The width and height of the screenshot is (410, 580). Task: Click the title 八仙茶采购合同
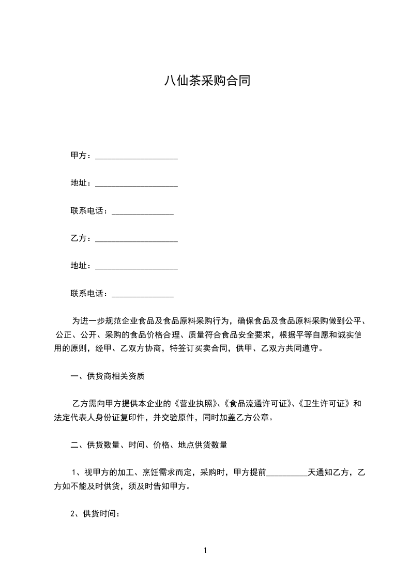206,81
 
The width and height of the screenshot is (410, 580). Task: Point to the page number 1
205,551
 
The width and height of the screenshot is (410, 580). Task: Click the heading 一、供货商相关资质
108,376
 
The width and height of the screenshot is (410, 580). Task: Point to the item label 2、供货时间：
96,514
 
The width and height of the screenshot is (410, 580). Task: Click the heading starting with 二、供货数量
149,445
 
